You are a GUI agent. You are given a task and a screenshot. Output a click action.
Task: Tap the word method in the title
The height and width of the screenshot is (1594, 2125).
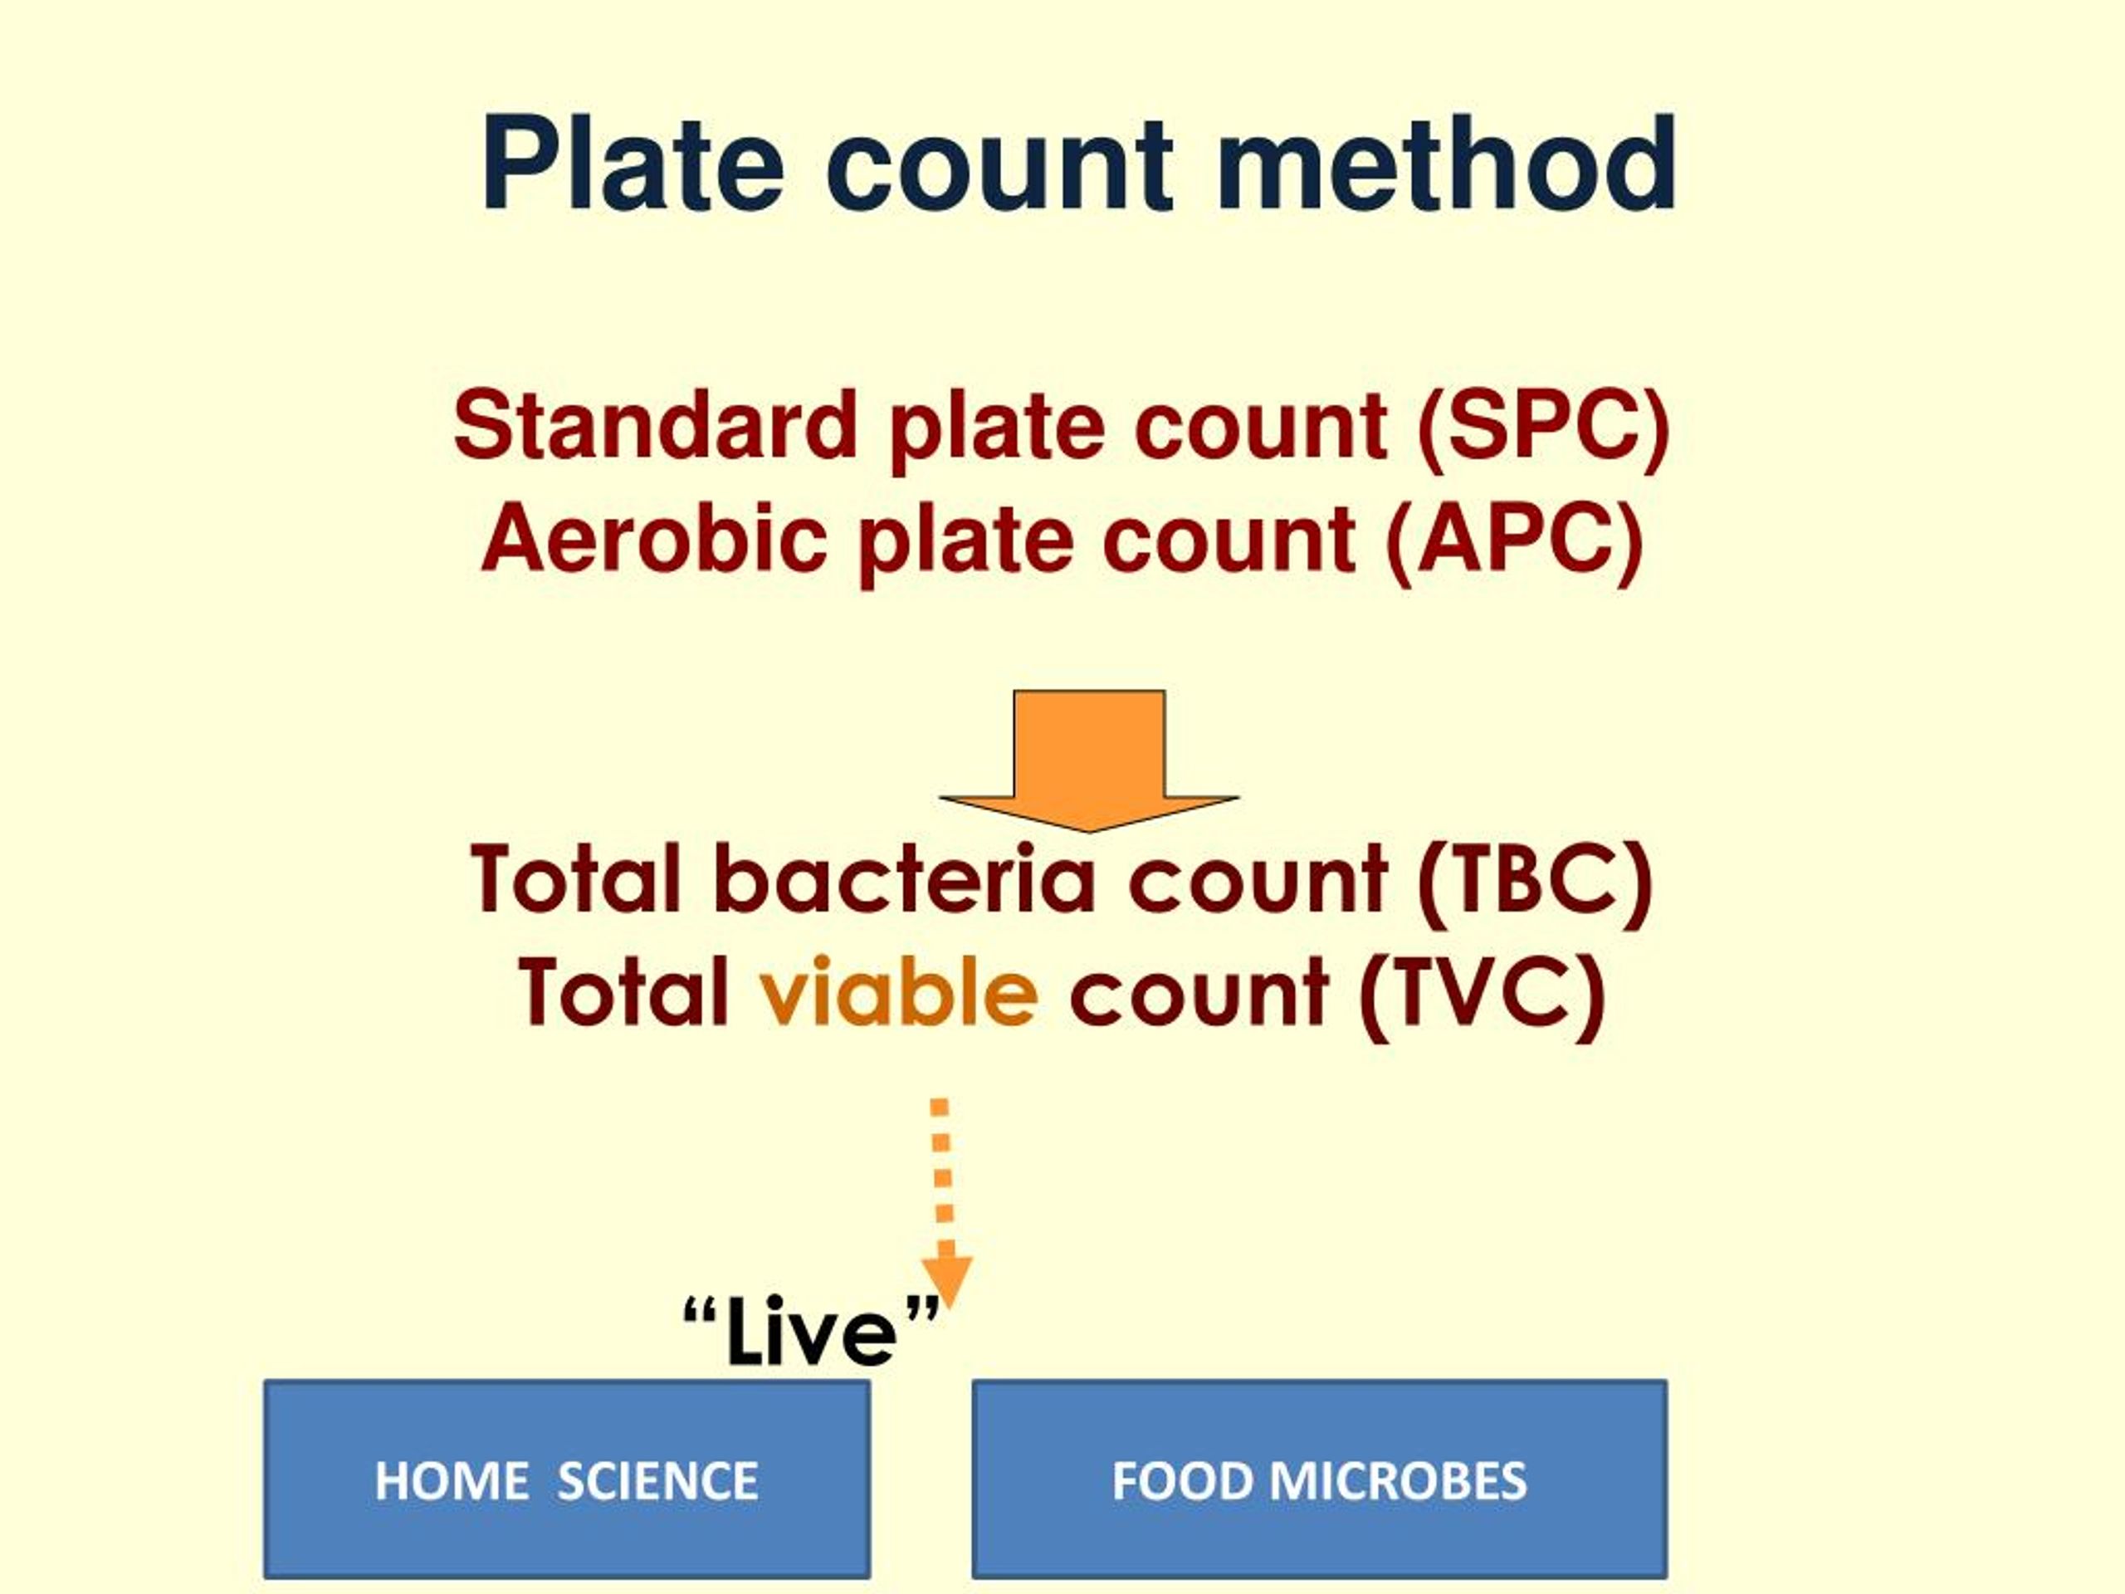tap(1447, 164)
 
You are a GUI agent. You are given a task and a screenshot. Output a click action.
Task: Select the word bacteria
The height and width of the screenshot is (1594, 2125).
tap(904, 879)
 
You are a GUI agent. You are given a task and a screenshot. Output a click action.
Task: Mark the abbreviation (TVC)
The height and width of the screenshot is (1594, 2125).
tap(1483, 994)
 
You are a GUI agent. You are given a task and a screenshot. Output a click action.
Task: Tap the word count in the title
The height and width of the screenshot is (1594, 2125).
tap(999, 164)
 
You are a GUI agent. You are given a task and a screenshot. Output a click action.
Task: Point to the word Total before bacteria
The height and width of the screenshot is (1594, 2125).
tap(575, 879)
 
